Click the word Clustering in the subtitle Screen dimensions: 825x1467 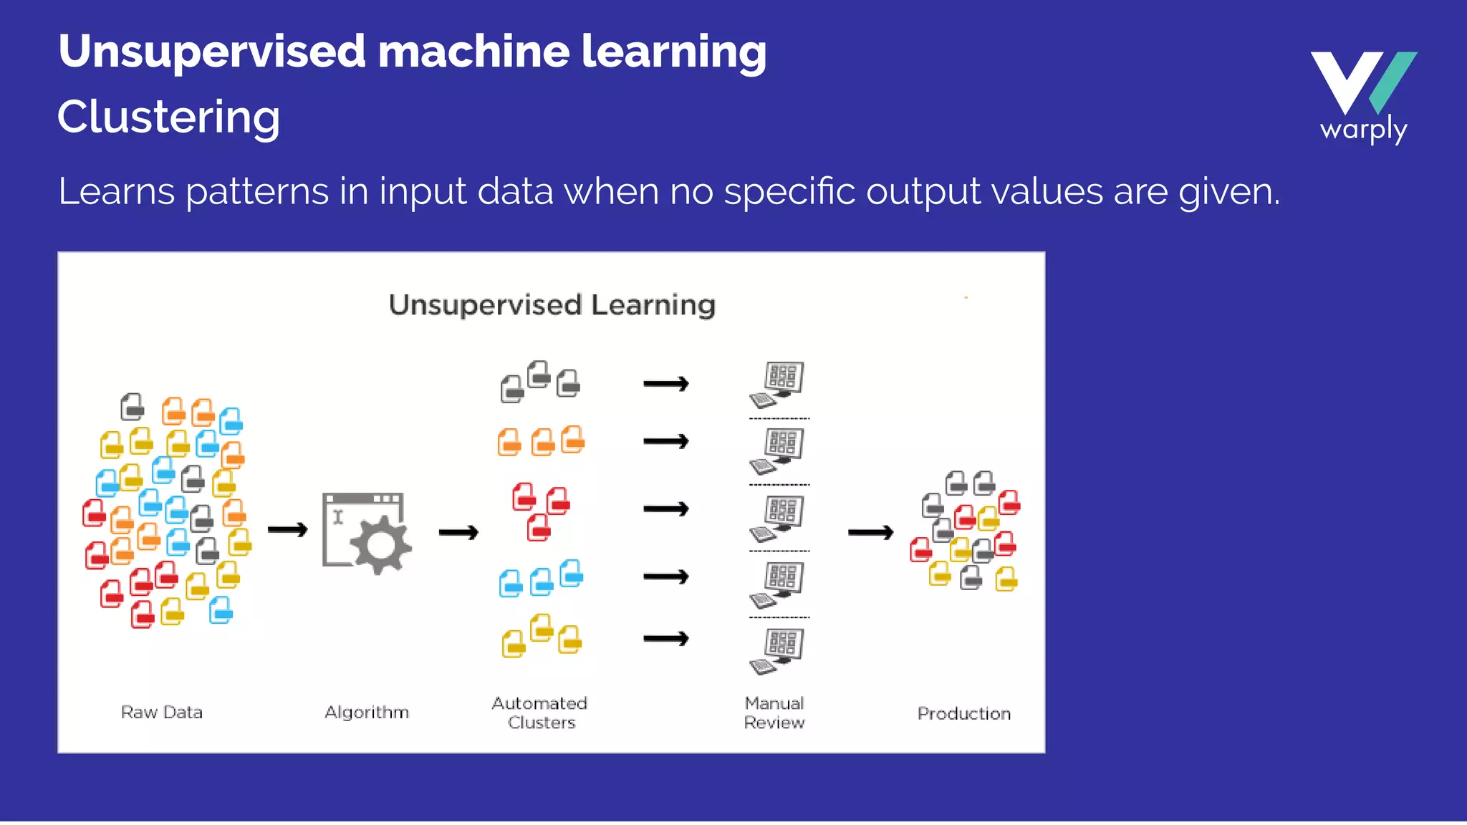(x=169, y=117)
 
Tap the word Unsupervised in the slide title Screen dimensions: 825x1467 (x=212, y=52)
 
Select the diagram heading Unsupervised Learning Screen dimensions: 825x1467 (x=552, y=305)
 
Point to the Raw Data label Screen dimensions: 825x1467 (x=162, y=713)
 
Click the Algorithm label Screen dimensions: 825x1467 (x=367, y=713)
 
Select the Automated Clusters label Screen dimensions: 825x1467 (x=540, y=713)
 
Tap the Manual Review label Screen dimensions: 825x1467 (x=774, y=713)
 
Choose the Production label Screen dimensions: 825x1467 (x=964, y=714)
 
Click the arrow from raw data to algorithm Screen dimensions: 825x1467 (x=287, y=530)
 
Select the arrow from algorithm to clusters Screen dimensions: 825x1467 (x=458, y=532)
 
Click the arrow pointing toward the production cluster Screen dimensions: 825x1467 (x=870, y=532)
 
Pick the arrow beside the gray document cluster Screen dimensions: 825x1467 (x=665, y=385)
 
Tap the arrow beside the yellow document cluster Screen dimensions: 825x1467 (x=665, y=638)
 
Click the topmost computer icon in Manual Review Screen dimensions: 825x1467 (x=778, y=384)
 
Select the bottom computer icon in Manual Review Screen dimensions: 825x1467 (x=778, y=650)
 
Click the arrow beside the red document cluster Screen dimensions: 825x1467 (x=665, y=509)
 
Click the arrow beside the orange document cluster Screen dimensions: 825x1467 (x=665, y=442)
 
